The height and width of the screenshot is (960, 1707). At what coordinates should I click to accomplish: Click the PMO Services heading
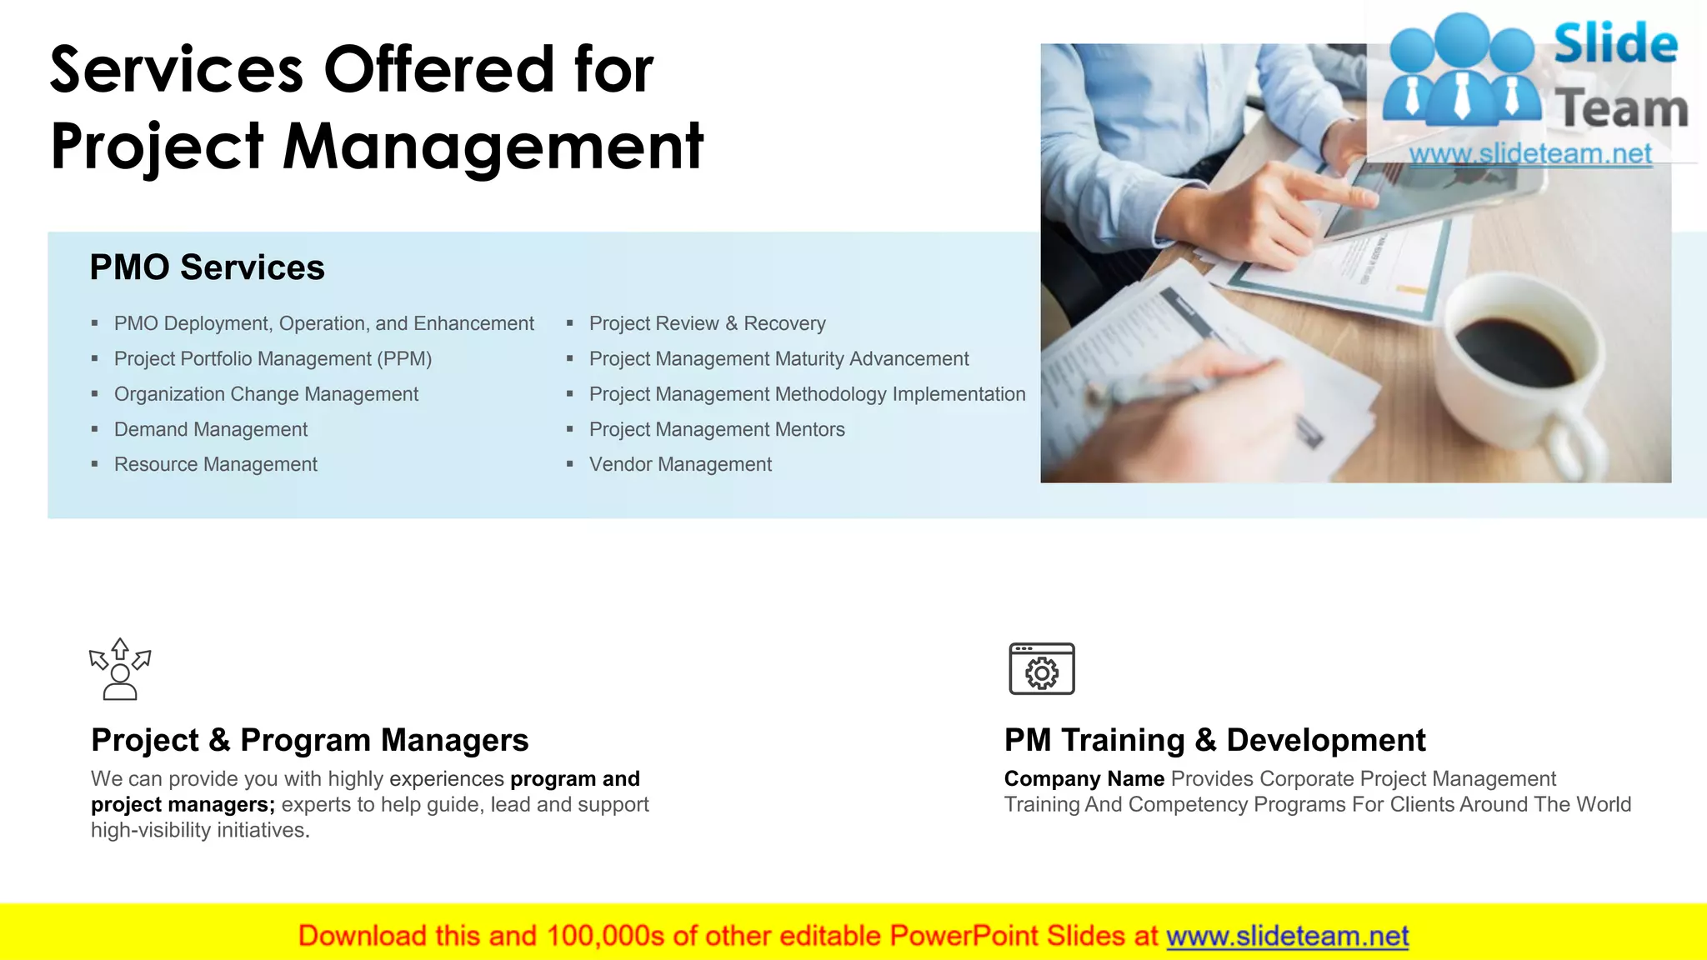(x=207, y=267)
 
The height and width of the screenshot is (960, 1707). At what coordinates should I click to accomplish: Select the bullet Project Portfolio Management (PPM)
(x=273, y=359)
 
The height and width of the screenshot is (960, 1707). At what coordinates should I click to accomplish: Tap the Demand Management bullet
(x=211, y=430)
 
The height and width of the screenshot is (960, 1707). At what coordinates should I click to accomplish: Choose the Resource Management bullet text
(x=216, y=465)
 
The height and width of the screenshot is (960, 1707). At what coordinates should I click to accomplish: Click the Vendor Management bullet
(x=680, y=465)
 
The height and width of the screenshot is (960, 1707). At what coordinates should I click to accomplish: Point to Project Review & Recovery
(x=707, y=324)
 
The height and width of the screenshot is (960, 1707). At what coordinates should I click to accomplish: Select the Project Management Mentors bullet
(x=717, y=430)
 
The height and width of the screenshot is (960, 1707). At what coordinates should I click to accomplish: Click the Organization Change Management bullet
(x=266, y=395)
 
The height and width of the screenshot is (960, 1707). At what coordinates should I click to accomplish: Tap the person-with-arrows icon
(x=120, y=669)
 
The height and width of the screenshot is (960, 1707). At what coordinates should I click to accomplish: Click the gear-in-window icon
(x=1041, y=668)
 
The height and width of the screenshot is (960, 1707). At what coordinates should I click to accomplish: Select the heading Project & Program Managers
(x=310, y=740)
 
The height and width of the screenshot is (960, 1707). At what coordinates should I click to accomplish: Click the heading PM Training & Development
(x=1214, y=740)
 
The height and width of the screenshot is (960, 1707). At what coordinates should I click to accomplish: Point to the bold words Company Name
(x=1084, y=779)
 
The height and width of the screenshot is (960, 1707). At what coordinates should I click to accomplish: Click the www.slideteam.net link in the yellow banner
(x=1287, y=937)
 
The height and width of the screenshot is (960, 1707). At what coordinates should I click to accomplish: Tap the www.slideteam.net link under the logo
(x=1529, y=154)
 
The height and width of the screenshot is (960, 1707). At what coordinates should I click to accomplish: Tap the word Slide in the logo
(x=1615, y=44)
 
